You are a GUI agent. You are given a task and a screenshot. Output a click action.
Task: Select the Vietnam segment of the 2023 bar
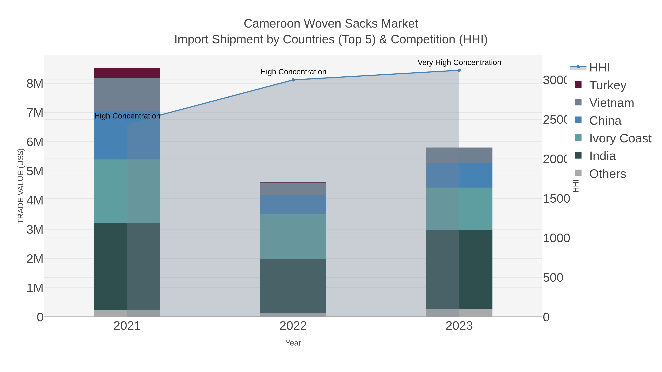pyautogui.click(x=459, y=155)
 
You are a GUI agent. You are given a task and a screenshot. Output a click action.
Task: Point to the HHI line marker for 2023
pyautogui.click(x=459, y=70)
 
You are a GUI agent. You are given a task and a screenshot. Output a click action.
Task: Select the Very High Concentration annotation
pyautogui.click(x=459, y=62)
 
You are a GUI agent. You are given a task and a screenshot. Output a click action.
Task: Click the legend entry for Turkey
pyautogui.click(x=608, y=85)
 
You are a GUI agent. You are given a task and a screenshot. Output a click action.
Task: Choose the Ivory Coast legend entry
pyautogui.click(x=620, y=138)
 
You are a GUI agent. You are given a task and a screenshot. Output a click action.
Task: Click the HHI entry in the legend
pyautogui.click(x=599, y=68)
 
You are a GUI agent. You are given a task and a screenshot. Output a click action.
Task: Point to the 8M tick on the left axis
pyautogui.click(x=35, y=84)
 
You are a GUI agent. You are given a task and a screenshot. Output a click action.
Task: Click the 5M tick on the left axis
pyautogui.click(x=35, y=171)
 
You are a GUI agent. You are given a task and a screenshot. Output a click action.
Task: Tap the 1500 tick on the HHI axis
pyautogui.click(x=556, y=199)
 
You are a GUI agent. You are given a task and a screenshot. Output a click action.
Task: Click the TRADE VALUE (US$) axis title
pyautogui.click(x=21, y=186)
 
